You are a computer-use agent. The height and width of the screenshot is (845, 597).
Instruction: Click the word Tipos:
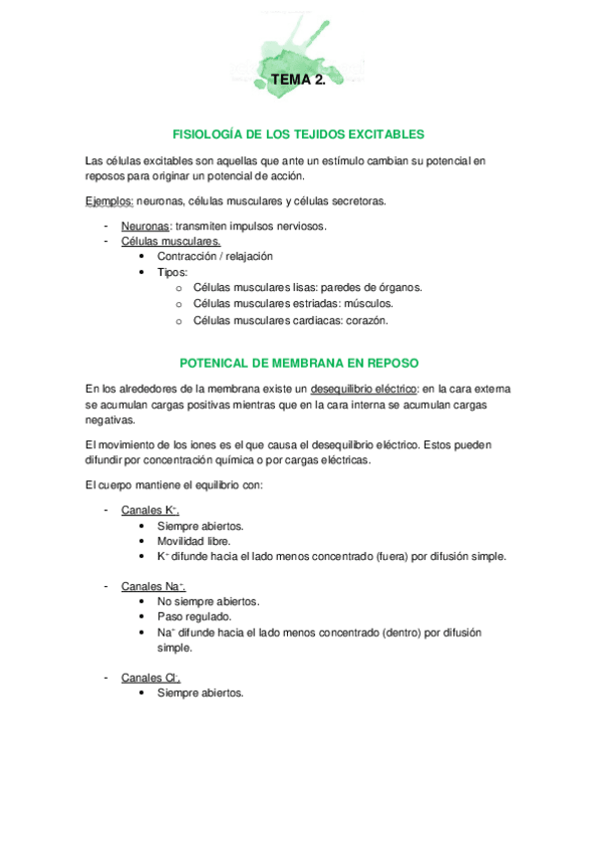(172, 271)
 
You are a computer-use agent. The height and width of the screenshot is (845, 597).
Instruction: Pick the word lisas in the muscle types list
(304, 287)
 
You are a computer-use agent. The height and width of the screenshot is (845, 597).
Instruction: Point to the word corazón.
(365, 321)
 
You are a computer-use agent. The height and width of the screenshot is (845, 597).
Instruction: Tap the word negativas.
(113, 421)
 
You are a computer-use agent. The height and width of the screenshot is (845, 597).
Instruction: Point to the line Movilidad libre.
(193, 541)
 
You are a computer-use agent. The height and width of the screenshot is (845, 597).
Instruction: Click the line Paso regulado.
(191, 617)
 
